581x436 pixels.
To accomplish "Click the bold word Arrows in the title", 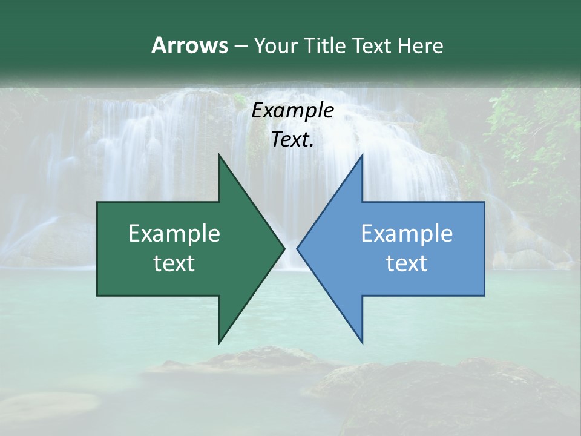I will point(189,45).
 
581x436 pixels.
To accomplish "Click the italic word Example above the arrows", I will point(293,110).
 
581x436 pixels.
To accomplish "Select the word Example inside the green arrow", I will point(174,234).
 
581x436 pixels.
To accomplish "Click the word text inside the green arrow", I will point(174,263).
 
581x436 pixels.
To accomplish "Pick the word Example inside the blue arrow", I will point(407,234).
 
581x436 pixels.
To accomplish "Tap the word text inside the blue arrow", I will point(407,263).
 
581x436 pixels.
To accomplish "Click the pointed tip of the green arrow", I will point(284,248).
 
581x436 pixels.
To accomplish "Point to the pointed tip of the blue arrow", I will point(297,248).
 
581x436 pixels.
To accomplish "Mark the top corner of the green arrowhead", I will point(219,155).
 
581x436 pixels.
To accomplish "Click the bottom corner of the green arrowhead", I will point(219,343).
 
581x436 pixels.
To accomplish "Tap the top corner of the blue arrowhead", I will point(362,155).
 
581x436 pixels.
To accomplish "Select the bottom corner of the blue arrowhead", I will point(362,343).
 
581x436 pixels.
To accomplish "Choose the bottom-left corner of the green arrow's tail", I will point(98,295).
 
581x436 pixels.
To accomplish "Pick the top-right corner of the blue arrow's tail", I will point(484,203).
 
